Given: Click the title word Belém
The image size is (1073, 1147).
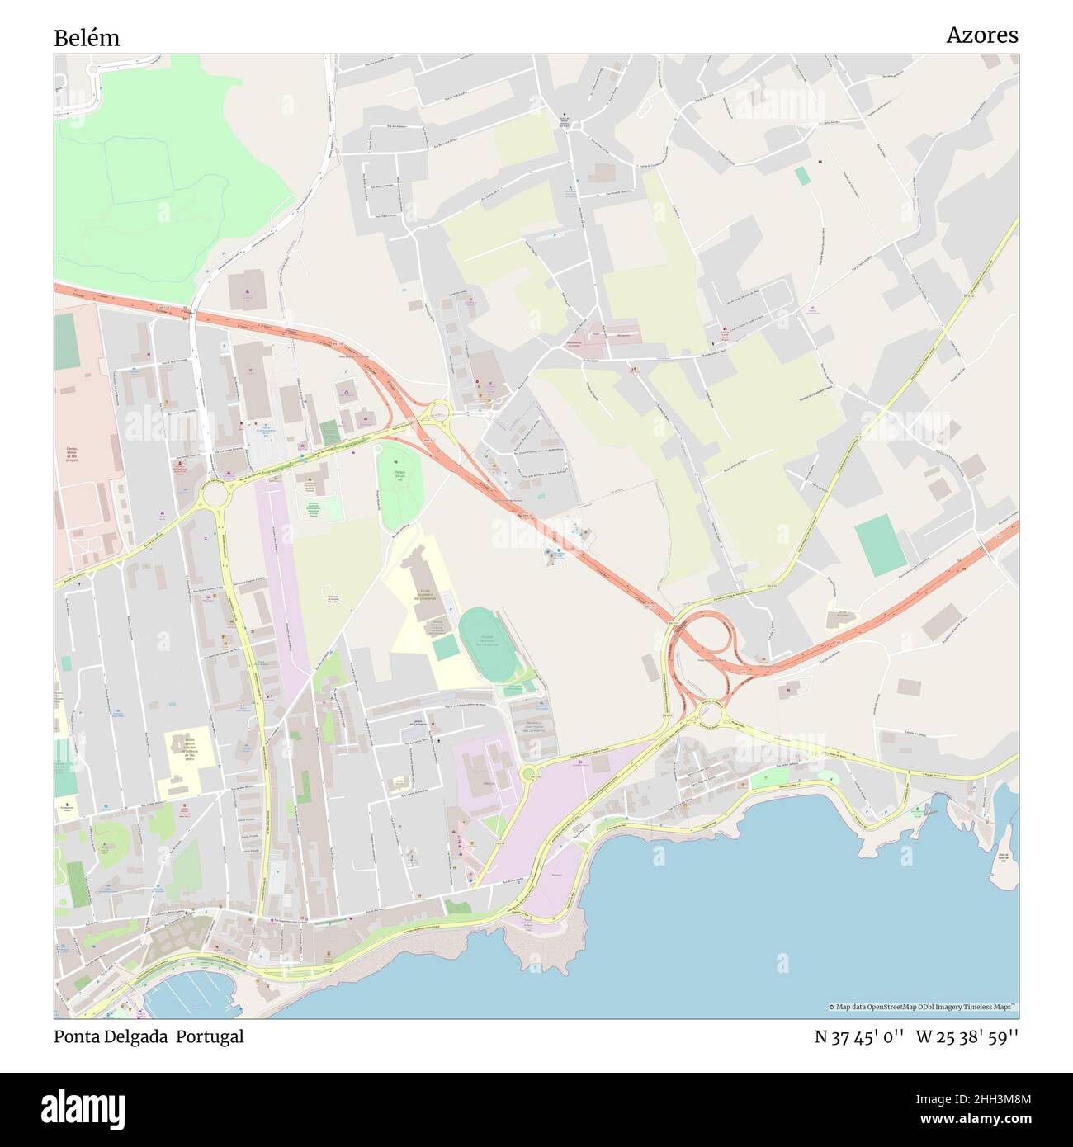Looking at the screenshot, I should (87, 38).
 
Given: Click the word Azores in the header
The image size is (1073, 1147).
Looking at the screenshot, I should (981, 35).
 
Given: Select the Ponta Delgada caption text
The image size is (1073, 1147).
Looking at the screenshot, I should (111, 1036).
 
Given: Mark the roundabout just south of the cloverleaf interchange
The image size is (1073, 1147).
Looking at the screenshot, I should (709, 715).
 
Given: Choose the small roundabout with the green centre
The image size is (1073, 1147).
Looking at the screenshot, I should (527, 774).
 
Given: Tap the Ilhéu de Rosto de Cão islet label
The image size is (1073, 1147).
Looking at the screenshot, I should (1004, 858).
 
